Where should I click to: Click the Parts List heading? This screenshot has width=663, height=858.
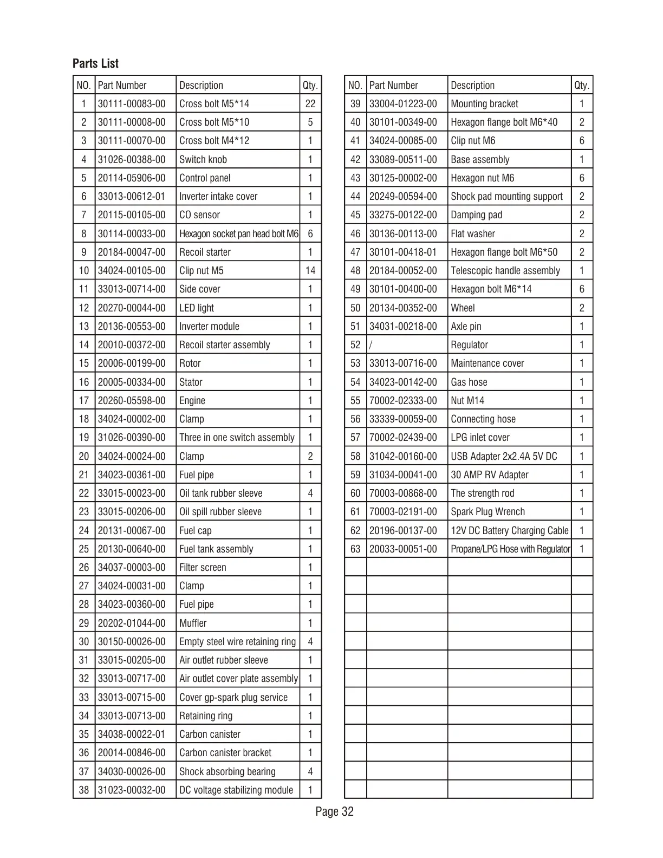[x=95, y=63]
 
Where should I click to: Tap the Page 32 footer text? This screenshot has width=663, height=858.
[x=334, y=811]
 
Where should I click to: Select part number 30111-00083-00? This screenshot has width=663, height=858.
[x=132, y=103]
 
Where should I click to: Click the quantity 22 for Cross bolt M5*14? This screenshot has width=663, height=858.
[x=310, y=103]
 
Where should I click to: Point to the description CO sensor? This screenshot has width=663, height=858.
[x=199, y=215]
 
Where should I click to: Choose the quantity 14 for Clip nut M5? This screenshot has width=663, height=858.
[x=310, y=270]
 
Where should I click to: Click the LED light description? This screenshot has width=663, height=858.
[x=197, y=308]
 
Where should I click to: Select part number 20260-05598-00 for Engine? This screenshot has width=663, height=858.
[x=132, y=400]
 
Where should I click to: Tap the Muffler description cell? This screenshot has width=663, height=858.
[x=193, y=623]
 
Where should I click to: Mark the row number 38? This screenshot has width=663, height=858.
[x=83, y=790]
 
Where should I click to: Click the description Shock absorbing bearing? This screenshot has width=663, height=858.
[x=227, y=771]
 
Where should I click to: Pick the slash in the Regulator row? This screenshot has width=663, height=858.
[x=371, y=345]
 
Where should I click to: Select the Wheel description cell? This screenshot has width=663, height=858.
[x=463, y=308]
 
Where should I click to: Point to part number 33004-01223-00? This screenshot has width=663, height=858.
[x=403, y=103]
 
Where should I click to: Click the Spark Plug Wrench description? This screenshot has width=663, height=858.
[x=487, y=511]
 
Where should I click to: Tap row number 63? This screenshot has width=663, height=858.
[x=355, y=549]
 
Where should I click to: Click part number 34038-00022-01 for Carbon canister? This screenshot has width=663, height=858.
[x=132, y=734]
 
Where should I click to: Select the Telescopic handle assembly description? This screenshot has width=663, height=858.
[x=505, y=270]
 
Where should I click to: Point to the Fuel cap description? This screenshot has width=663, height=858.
[x=196, y=530]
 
